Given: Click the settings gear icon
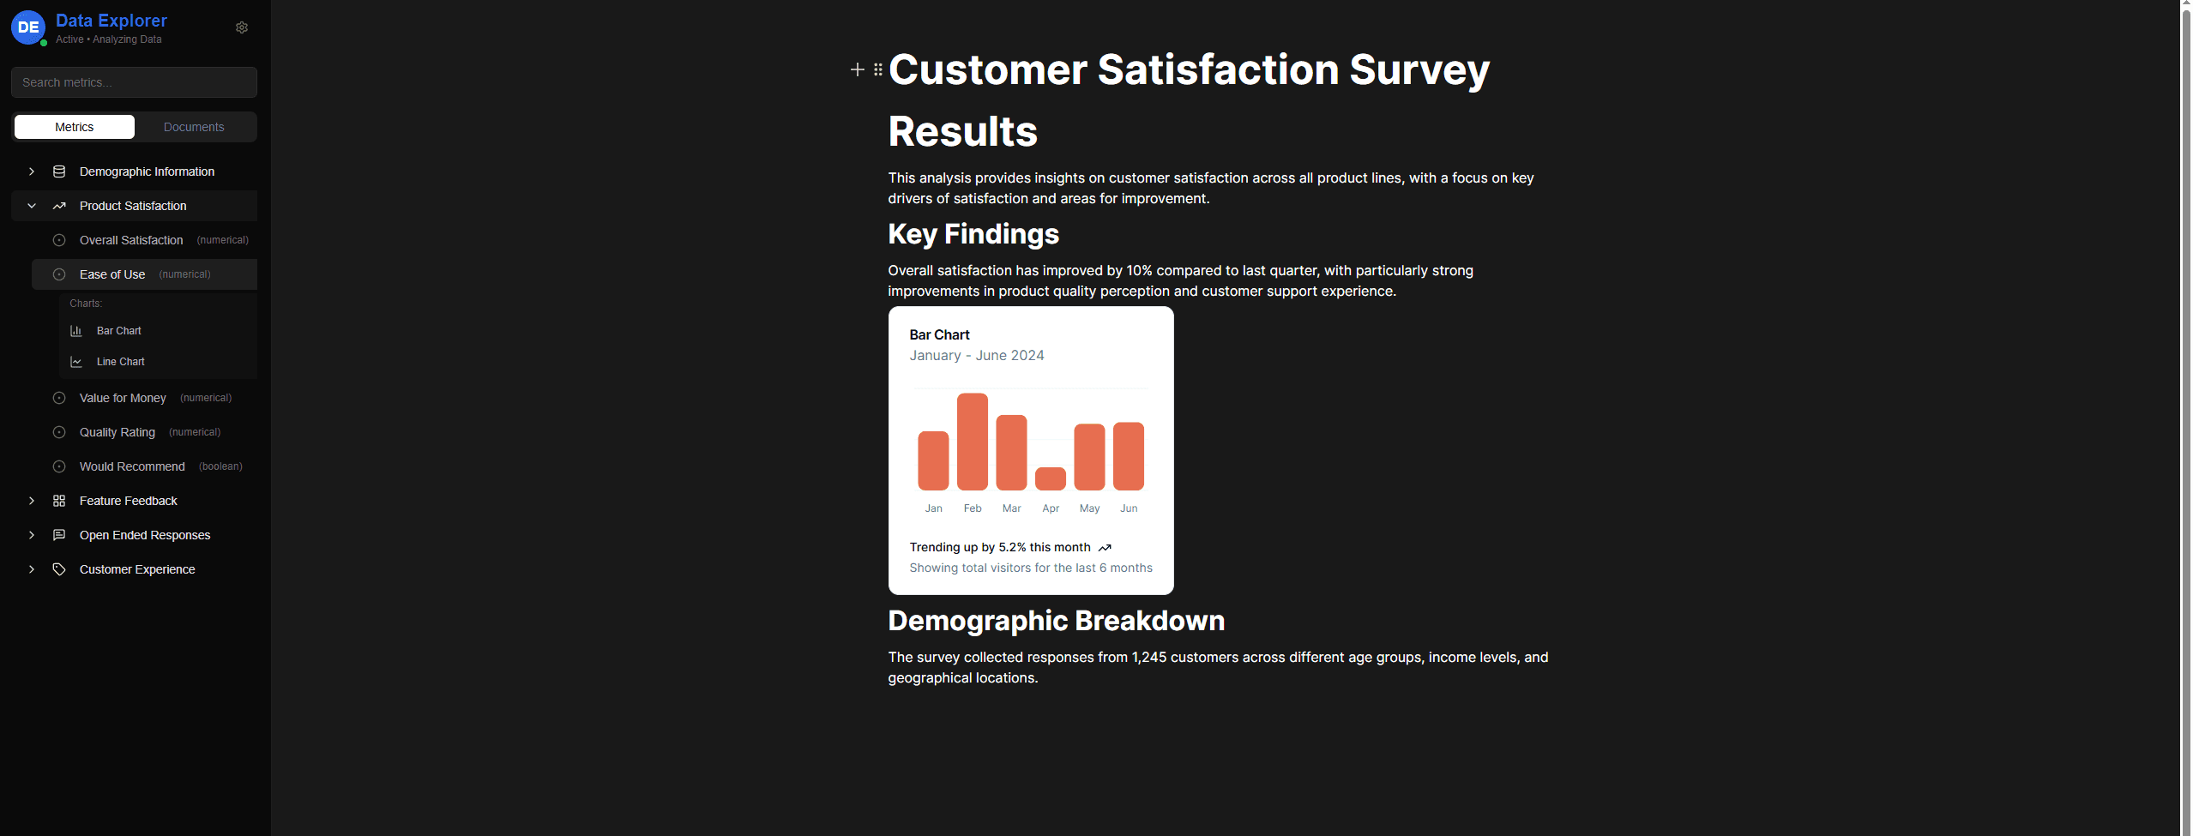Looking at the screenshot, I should tap(242, 27).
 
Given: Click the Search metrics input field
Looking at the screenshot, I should tap(134, 82).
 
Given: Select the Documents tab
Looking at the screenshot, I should tap(194, 127).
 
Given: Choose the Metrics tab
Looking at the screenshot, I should tap(75, 127).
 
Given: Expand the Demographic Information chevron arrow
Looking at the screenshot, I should tap(32, 171).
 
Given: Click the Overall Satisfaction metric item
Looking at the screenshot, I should tap(131, 240).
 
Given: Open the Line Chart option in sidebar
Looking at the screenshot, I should tap(120, 362).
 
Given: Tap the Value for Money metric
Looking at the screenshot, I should tap(123, 398).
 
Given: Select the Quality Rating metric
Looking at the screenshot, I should tap(117, 432).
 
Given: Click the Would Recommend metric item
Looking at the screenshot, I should tap(132, 466).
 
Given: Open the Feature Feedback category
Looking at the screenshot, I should tap(129, 501).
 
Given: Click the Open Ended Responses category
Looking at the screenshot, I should tap(145, 535).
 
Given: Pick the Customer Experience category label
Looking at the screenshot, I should tap(137, 569).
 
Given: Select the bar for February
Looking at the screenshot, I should tap(972, 442).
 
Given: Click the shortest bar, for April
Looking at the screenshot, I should tap(1050, 478).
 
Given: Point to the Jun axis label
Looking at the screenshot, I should tap(1129, 508).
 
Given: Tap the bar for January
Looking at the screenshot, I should tap(933, 460).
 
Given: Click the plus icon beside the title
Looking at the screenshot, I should tap(857, 69).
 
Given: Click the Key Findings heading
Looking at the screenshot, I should tap(973, 234).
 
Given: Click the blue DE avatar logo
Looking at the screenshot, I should tap(28, 27).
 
